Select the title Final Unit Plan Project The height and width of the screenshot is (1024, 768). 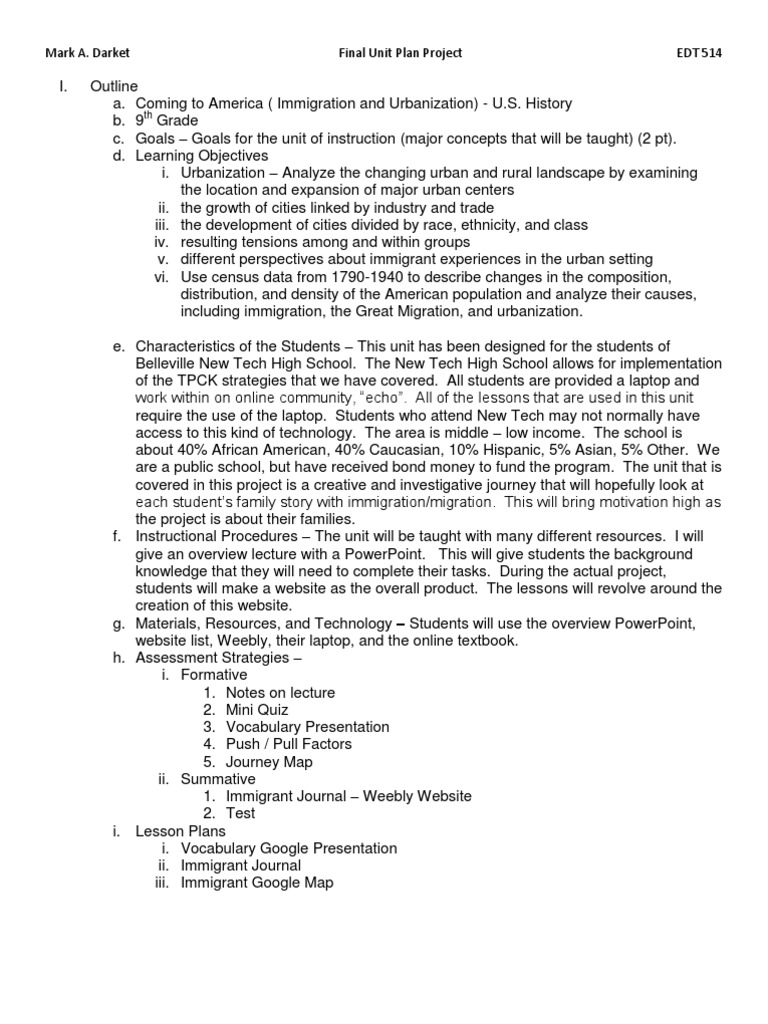point(398,53)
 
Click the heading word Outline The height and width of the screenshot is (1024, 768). point(113,87)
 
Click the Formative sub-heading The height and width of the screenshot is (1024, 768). point(213,675)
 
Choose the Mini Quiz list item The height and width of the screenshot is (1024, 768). point(257,710)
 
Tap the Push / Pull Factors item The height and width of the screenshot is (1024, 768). point(289,744)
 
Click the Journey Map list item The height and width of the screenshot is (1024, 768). point(269,762)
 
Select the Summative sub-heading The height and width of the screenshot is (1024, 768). point(217,779)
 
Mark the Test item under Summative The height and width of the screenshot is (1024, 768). point(240,813)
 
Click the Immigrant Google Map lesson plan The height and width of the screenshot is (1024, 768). point(257,883)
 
